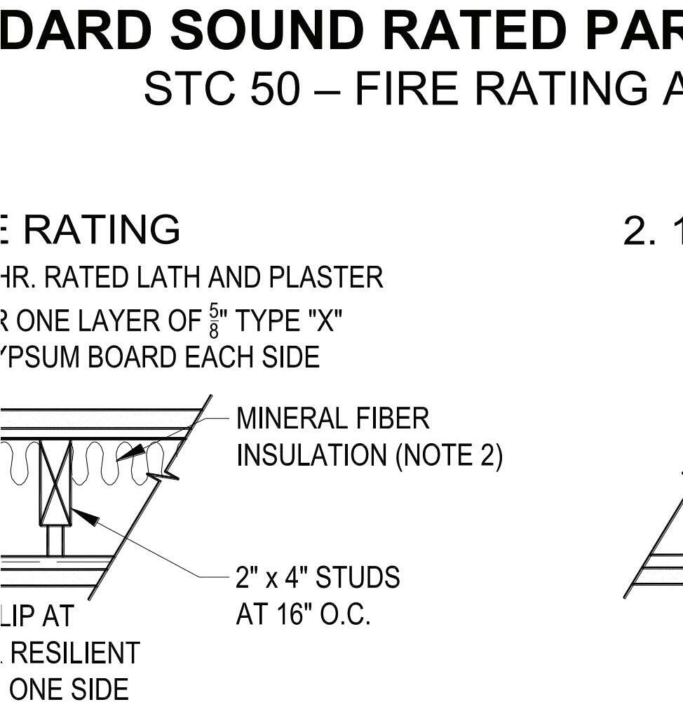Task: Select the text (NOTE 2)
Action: (449, 456)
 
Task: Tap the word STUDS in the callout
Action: (358, 578)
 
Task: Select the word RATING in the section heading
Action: (102, 230)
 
